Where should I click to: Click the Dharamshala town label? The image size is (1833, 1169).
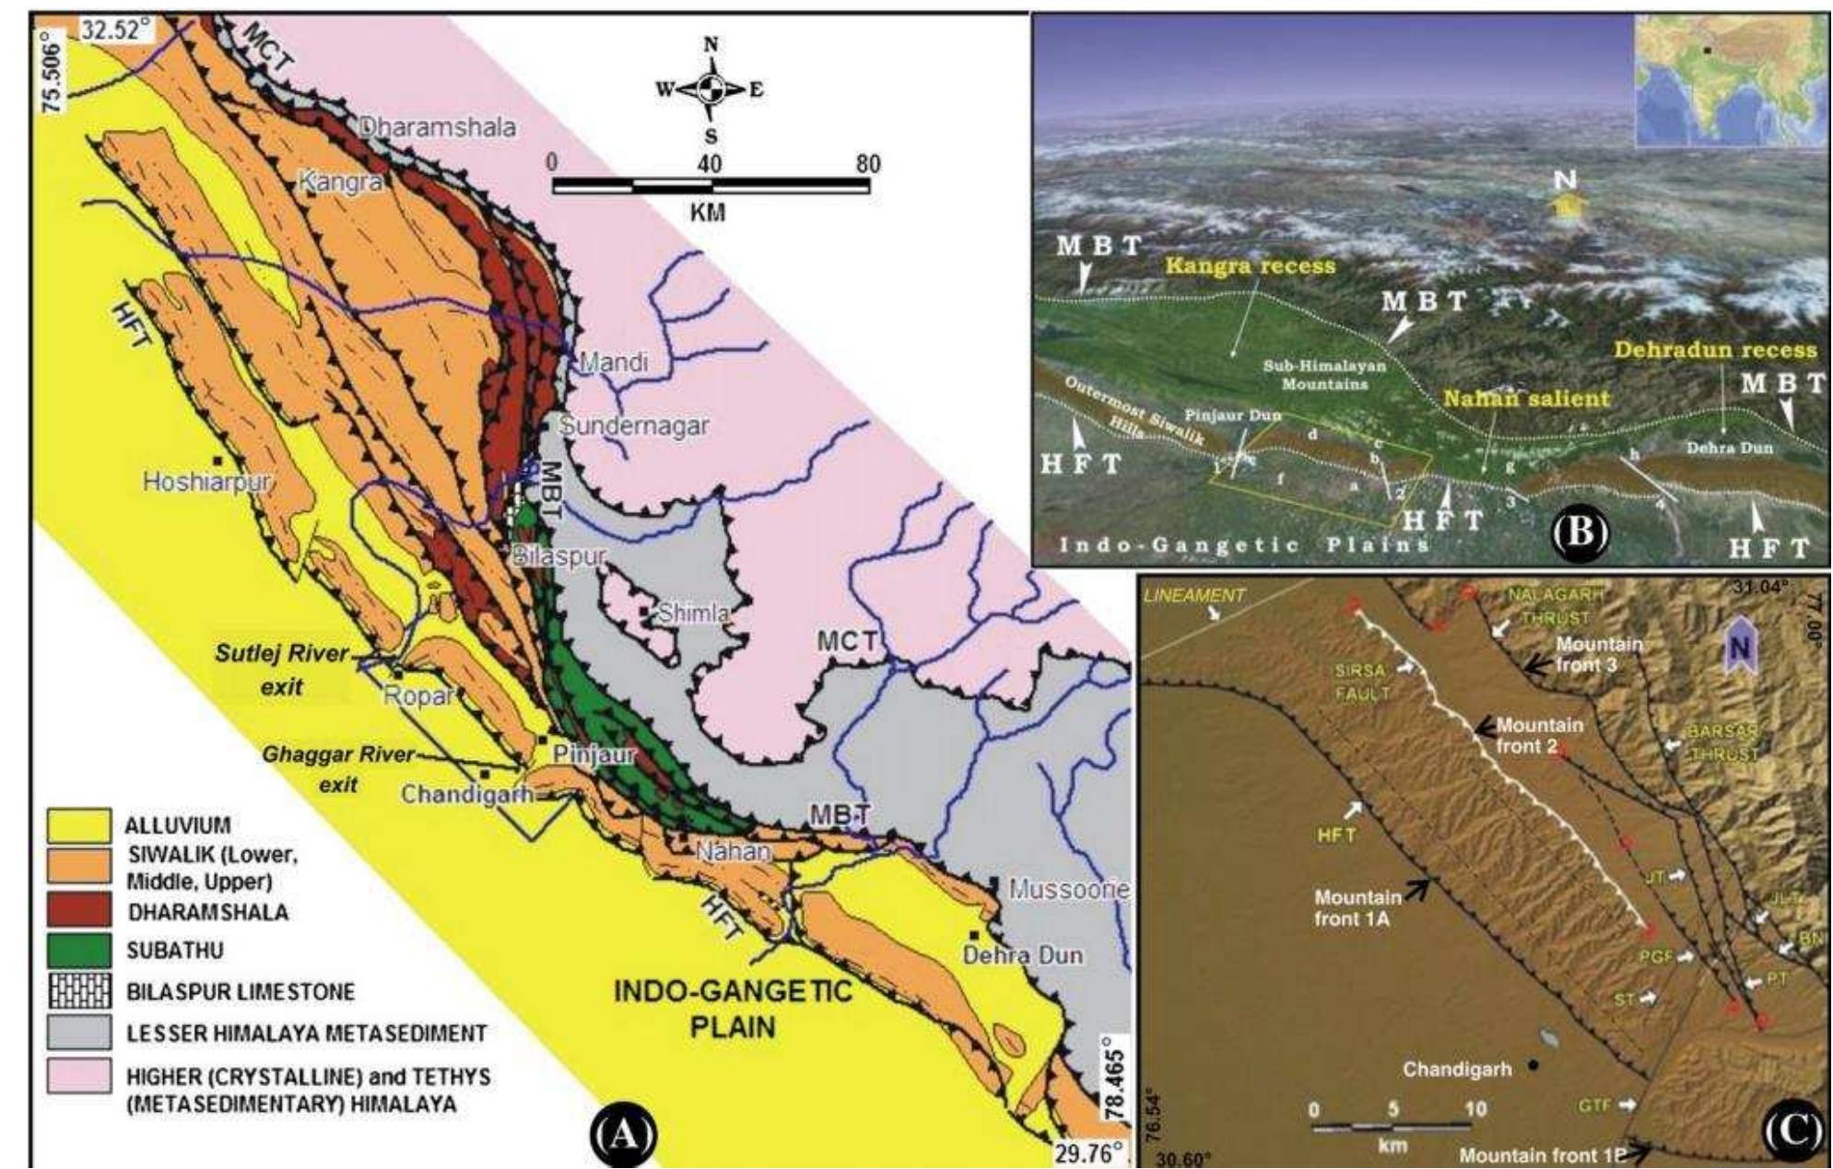click(x=437, y=127)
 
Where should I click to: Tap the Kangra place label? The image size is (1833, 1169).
click(x=340, y=182)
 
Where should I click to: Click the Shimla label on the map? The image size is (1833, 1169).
click(x=694, y=614)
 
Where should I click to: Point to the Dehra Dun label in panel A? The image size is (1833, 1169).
click(x=1023, y=955)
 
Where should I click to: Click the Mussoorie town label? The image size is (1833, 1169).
click(x=1068, y=890)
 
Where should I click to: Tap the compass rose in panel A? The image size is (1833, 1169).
click(x=711, y=89)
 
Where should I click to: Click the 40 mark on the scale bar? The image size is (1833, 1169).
click(x=709, y=164)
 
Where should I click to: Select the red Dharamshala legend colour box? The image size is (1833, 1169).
click(x=79, y=912)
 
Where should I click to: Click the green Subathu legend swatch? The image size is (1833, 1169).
click(x=79, y=950)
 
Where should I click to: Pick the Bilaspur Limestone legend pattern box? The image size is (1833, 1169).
click(x=79, y=991)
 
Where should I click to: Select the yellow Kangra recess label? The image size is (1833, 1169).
click(x=1250, y=266)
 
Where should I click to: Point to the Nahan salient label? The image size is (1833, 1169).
click(x=1526, y=399)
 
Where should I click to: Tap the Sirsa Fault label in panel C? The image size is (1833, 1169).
click(x=1360, y=682)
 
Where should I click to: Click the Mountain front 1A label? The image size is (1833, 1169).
click(x=1357, y=907)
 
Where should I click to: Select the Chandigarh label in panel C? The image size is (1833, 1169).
click(x=1456, y=1070)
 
